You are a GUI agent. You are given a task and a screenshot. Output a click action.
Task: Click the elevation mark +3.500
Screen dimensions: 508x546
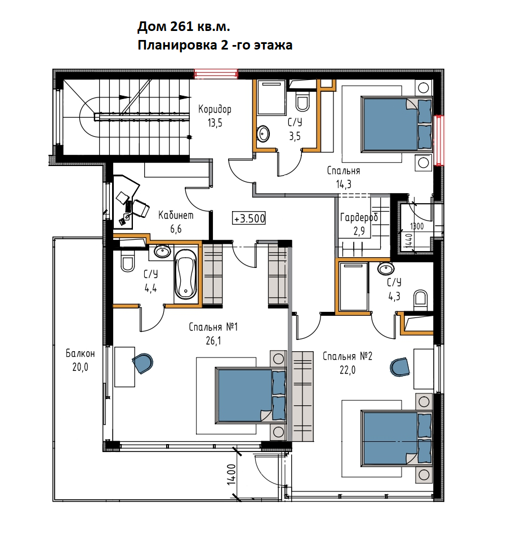(249, 218)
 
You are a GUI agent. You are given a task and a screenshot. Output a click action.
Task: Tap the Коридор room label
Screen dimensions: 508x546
(215, 109)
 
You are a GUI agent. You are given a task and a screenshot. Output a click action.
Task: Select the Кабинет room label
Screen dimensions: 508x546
(176, 215)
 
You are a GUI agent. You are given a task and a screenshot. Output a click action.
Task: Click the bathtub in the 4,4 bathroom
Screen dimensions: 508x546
(185, 274)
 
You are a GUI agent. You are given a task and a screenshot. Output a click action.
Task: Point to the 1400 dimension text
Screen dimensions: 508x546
(231, 475)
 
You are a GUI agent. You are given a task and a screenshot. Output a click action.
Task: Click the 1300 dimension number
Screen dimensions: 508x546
(417, 226)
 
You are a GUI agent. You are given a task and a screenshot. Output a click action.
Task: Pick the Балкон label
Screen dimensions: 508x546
(80, 353)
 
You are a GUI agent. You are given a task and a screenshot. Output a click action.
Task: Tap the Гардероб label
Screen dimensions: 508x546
(359, 218)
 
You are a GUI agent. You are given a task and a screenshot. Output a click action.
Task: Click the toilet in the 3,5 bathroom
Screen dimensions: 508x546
(302, 101)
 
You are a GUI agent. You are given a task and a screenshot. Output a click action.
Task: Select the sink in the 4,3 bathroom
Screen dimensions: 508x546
(386, 268)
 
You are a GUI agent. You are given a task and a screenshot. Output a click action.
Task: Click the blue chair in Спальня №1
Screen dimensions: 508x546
(143, 363)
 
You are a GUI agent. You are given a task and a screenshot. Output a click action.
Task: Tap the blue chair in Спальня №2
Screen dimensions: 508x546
(400, 367)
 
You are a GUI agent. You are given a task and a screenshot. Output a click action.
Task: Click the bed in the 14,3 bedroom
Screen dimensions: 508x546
(397, 124)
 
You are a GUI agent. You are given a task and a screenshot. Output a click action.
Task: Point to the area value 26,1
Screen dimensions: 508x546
(213, 341)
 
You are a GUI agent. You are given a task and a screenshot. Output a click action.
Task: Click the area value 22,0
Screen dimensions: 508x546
(347, 370)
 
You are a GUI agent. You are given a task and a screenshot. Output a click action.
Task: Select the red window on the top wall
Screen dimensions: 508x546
(216, 74)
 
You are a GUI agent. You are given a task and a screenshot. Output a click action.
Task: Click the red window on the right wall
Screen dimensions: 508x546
(440, 140)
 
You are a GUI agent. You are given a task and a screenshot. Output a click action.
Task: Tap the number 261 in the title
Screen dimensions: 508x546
(181, 26)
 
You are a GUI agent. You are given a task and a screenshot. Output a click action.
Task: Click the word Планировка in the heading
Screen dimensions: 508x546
(178, 45)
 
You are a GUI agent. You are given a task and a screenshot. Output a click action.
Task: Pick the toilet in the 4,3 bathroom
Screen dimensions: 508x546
(421, 299)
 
